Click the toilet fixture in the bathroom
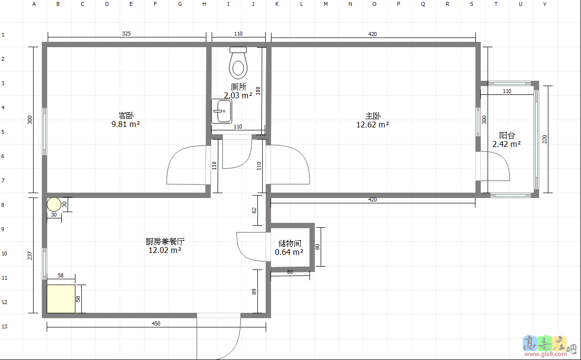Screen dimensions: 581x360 click(238, 63)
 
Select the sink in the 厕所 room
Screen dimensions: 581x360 click(221, 111)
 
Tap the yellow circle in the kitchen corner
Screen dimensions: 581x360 click(54, 204)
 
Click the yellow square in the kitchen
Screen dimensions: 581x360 click(61, 299)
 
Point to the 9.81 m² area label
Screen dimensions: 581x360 click(126, 124)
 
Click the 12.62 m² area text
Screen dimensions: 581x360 click(372, 125)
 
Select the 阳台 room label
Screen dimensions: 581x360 click(507, 135)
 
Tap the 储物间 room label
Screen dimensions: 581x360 click(290, 243)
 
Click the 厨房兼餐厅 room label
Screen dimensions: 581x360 click(165, 241)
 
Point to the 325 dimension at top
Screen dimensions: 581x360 click(127, 34)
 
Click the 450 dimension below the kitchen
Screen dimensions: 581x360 click(156, 324)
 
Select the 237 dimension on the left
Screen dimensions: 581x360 click(30, 255)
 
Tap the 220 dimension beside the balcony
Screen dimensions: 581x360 click(545, 139)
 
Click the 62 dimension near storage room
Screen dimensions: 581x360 click(254, 210)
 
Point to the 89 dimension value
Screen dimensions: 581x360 click(254, 291)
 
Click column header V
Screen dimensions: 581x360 click(545, 4)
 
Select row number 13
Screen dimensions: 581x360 click(4, 326)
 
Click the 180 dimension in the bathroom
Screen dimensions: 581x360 click(258, 91)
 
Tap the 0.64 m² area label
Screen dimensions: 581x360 click(289, 252)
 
